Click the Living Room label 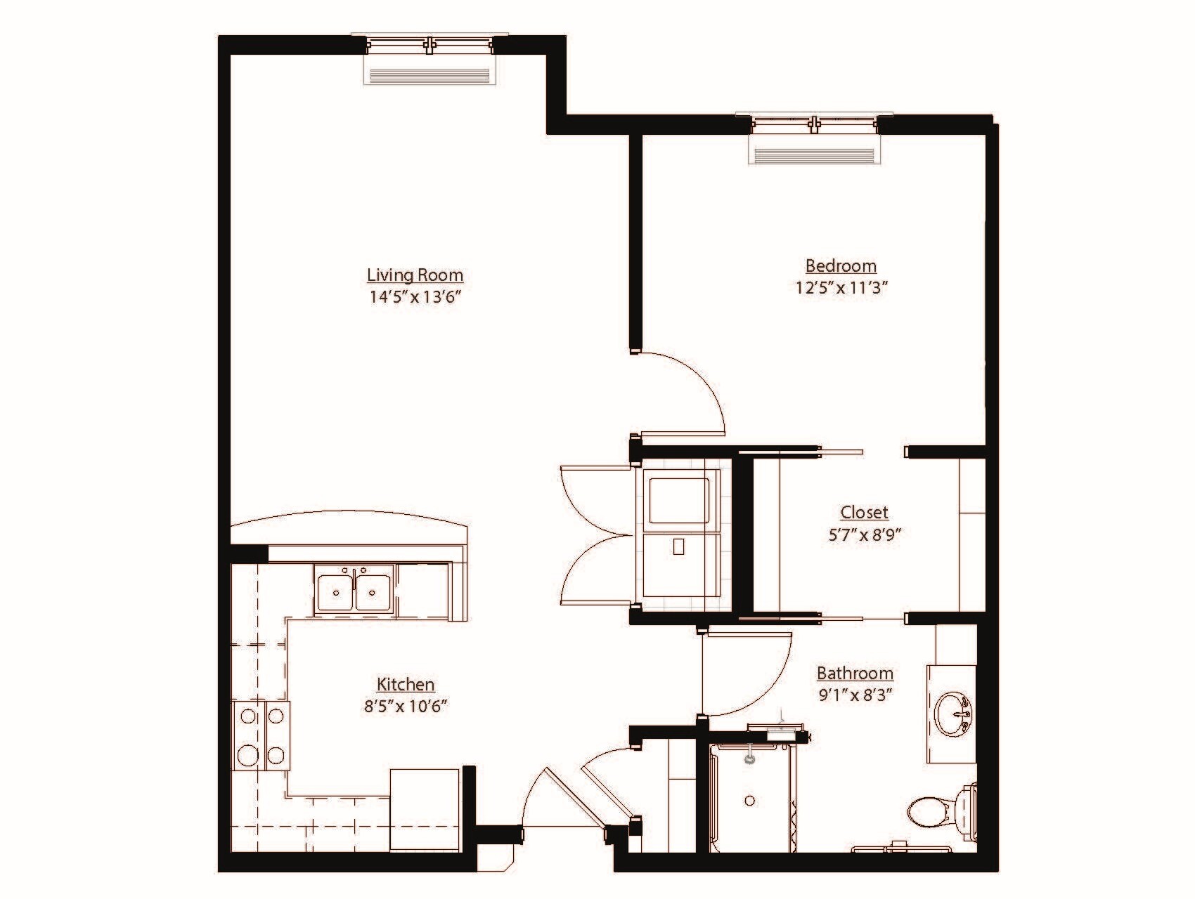[415, 275]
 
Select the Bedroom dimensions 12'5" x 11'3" [842, 287]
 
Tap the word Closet [864, 512]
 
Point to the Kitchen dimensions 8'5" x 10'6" [406, 706]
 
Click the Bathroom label [855, 673]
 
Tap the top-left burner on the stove [248, 716]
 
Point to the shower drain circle [750, 801]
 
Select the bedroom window [814, 125]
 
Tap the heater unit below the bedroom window [814, 152]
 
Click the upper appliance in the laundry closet [678, 500]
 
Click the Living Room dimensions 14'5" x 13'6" [415, 296]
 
